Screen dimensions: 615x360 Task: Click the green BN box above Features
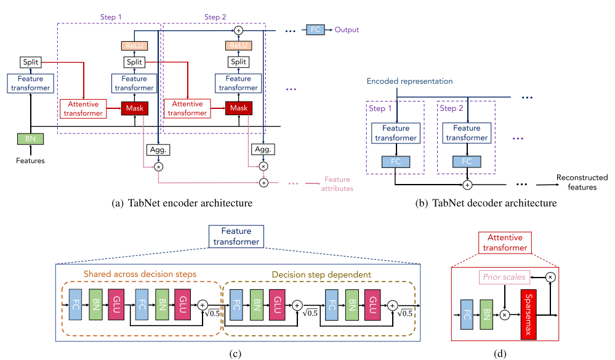pyautogui.click(x=30, y=139)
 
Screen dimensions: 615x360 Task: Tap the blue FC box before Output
pyautogui.click(x=315, y=30)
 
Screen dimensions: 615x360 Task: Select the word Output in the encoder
pyautogui.click(x=347, y=30)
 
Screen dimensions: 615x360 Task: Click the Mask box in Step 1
pyautogui.click(x=135, y=108)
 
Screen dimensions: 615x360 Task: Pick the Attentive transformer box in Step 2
pyautogui.click(x=187, y=109)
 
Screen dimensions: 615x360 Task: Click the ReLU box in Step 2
pyautogui.click(x=238, y=46)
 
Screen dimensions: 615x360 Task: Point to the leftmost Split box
pyautogui.click(x=31, y=62)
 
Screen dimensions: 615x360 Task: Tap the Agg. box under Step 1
pyautogui.click(x=158, y=150)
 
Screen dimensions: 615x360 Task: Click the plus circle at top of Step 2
pyautogui.click(x=238, y=30)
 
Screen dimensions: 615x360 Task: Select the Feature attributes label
pyautogui.click(x=337, y=184)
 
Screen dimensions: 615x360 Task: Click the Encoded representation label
pyautogui.click(x=409, y=81)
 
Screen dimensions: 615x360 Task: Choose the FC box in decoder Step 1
pyautogui.click(x=396, y=162)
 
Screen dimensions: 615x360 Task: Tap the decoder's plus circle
pyautogui.click(x=467, y=185)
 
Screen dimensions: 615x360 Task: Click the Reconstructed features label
pyautogui.click(x=582, y=182)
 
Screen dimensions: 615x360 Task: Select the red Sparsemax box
pyautogui.click(x=528, y=314)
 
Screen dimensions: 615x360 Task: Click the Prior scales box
pyautogui.click(x=504, y=278)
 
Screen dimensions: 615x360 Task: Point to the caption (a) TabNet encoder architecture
pyautogui.click(x=182, y=203)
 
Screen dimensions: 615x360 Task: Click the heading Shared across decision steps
pyautogui.click(x=140, y=274)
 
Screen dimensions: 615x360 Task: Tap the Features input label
pyautogui.click(x=30, y=161)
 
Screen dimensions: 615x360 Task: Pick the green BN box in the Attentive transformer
pyautogui.click(x=486, y=314)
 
